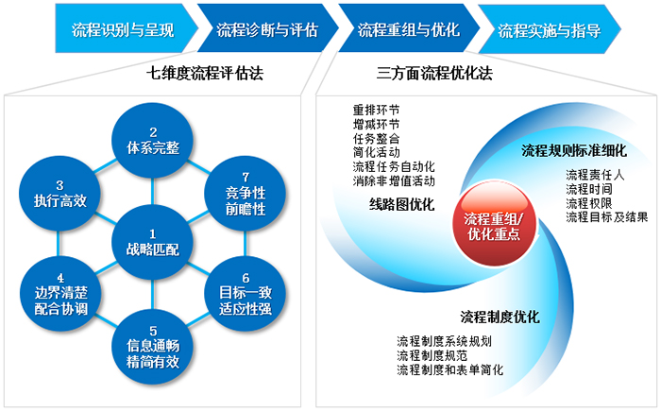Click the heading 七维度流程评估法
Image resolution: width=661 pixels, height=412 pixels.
[205, 74]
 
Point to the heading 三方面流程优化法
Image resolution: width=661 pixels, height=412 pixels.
[434, 74]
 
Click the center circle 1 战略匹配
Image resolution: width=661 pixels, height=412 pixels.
[153, 243]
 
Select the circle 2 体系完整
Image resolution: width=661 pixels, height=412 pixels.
[153, 141]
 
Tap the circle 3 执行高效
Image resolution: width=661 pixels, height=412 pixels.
[59, 194]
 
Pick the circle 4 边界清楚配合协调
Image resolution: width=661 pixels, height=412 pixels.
[59, 294]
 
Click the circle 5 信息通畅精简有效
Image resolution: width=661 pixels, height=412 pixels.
[153, 347]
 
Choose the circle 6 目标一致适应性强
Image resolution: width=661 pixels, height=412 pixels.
[246, 294]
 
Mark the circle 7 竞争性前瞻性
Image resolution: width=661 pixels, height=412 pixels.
[246, 194]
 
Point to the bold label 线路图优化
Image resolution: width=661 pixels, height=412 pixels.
[401, 205]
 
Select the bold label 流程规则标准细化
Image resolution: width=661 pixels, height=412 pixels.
[574, 150]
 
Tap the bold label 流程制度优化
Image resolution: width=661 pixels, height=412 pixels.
[500, 318]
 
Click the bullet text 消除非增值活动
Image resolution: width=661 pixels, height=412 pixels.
[394, 180]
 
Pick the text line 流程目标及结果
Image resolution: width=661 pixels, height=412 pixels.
[607, 217]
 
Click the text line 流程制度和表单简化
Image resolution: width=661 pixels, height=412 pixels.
[449, 369]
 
